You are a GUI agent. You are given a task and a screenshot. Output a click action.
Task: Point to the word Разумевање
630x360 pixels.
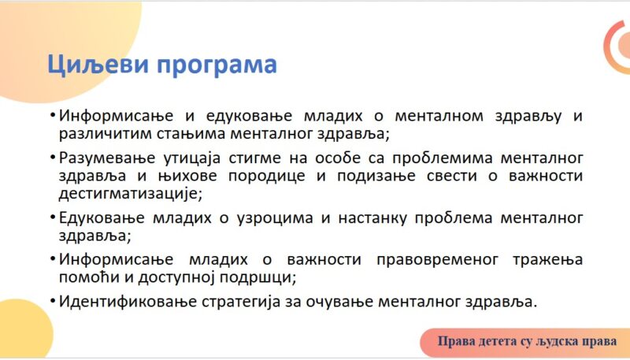click(107, 158)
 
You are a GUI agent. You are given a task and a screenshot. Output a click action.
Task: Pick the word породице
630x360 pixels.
click(267, 176)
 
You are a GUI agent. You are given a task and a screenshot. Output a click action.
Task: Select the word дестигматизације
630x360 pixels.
click(131, 194)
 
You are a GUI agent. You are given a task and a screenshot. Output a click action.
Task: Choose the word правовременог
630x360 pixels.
click(438, 260)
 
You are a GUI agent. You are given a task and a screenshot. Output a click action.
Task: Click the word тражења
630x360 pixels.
click(547, 260)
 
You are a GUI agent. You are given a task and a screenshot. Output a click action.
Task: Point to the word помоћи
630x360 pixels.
click(89, 277)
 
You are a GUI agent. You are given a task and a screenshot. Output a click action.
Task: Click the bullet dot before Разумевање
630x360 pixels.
click(53, 157)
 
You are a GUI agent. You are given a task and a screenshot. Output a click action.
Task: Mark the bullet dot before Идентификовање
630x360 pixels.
click(53, 300)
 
